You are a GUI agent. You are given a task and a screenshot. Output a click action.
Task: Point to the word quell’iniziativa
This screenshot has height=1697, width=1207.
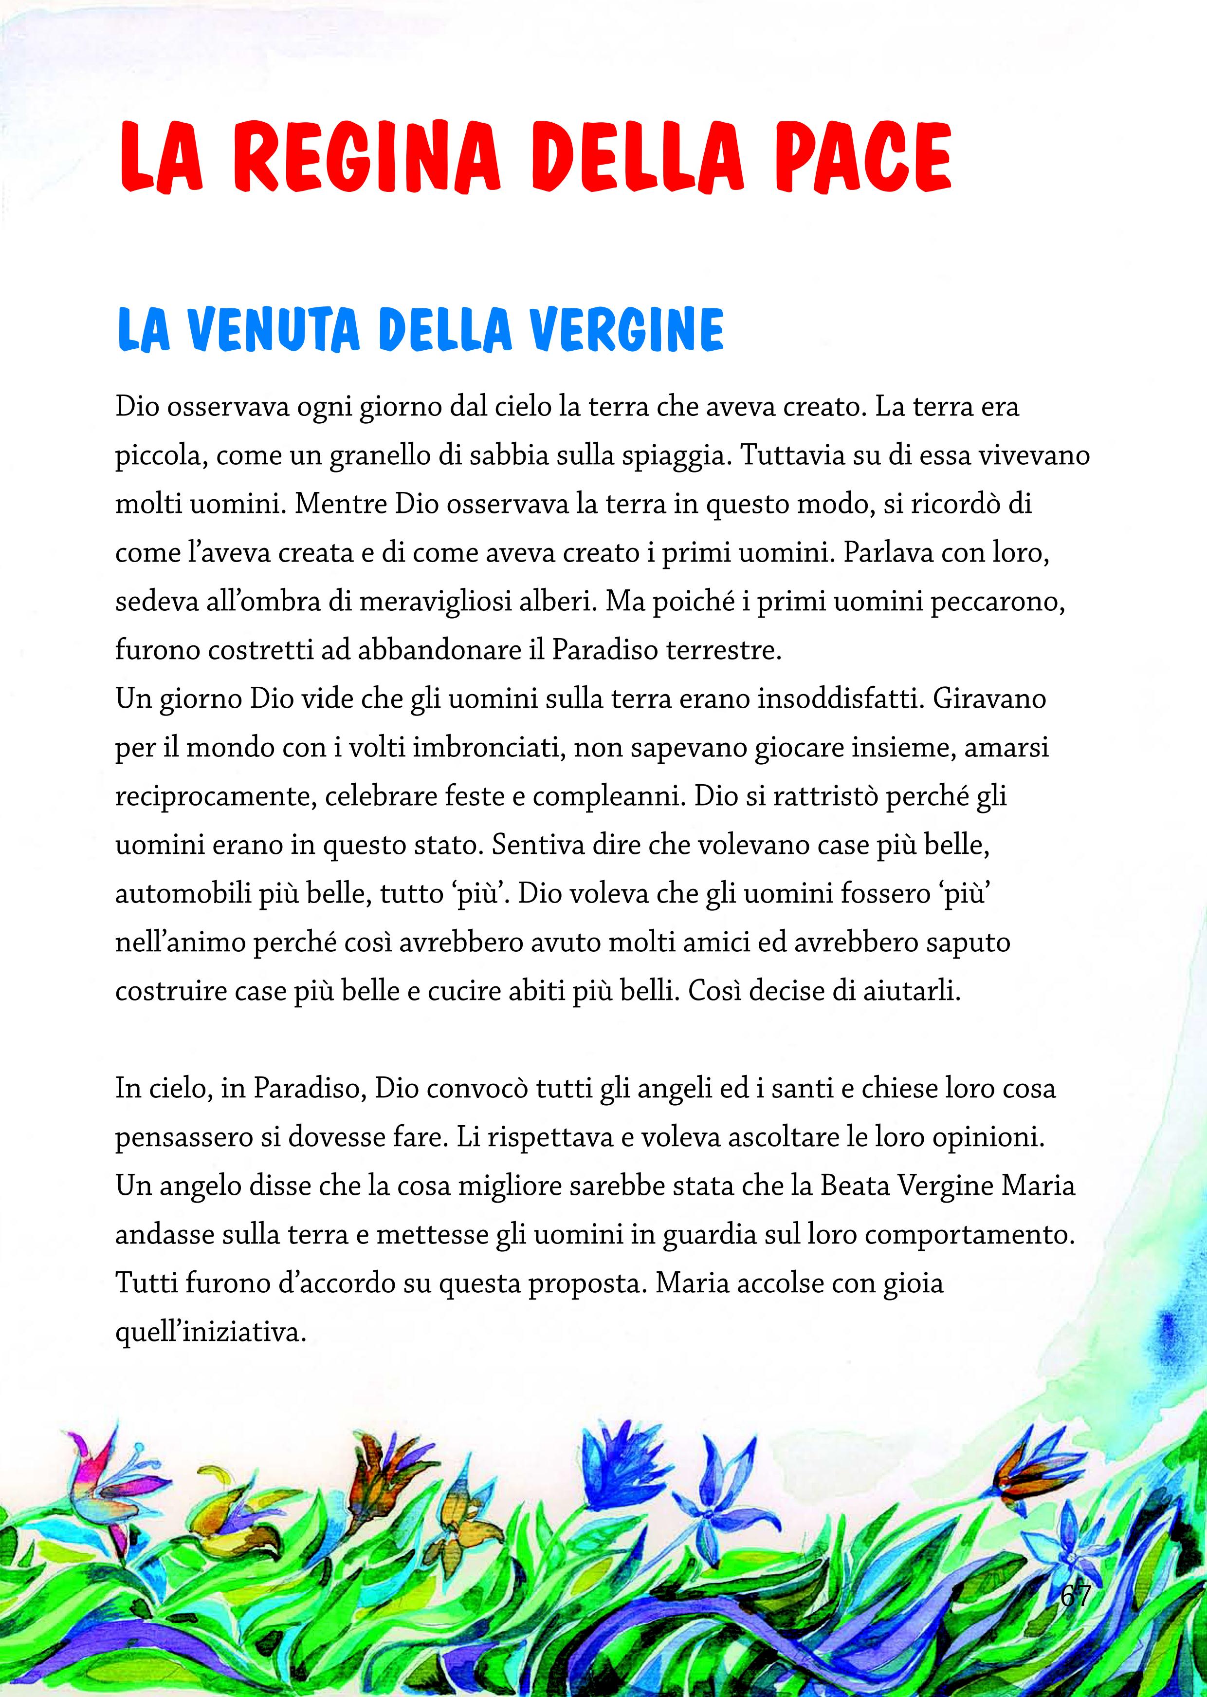[x=211, y=1331]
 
